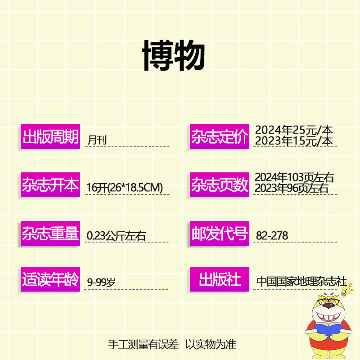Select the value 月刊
click(97, 139)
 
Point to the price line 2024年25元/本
click(294, 130)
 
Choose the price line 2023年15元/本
click(294, 141)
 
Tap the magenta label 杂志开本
click(50, 185)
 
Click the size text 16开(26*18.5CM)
click(124, 188)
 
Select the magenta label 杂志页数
click(219, 185)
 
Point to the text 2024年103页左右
click(294, 177)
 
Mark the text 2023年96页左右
click(292, 188)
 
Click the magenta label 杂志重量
click(50, 233)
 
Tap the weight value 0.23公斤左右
click(116, 235)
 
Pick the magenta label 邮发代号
click(219, 233)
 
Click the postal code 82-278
click(272, 235)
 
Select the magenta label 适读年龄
click(50, 279)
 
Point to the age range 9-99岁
click(101, 283)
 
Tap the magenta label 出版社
click(219, 279)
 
